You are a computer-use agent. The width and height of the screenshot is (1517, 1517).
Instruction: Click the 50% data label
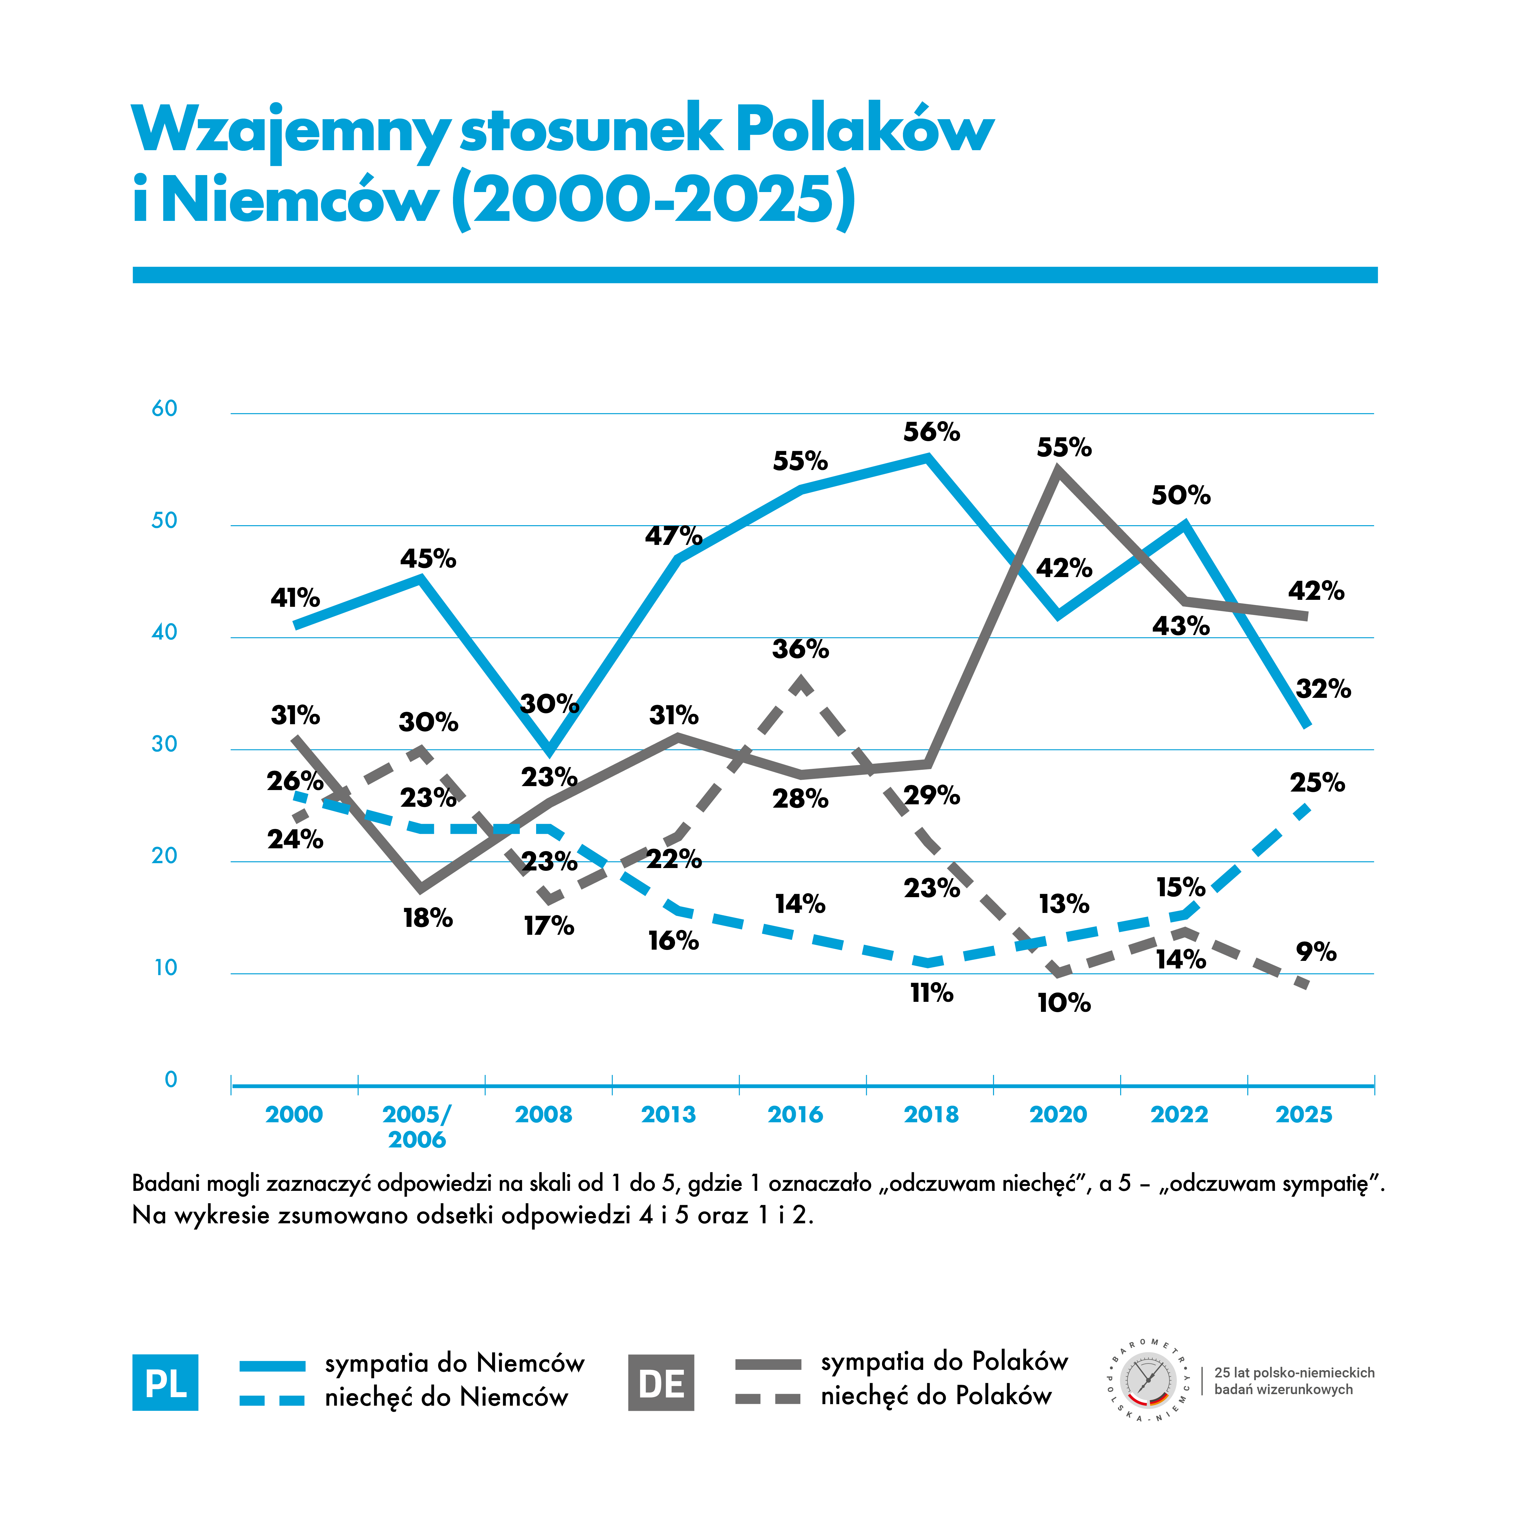[1181, 495]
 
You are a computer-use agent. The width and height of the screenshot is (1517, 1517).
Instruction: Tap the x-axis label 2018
[931, 1114]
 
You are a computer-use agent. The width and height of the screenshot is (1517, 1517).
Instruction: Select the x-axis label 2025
[1304, 1114]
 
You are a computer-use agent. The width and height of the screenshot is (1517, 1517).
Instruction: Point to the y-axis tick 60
[164, 408]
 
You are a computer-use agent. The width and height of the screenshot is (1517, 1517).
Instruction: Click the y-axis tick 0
[171, 1079]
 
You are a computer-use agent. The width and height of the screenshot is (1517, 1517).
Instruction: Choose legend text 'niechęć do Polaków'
[936, 1395]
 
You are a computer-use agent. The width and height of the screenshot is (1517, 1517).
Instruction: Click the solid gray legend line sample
[768, 1365]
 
